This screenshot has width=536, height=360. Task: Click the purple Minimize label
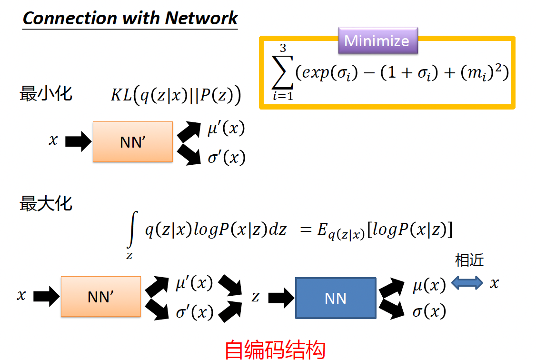[x=377, y=40]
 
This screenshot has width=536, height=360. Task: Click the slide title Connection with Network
[x=130, y=19]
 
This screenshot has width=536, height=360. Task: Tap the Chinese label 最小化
[x=46, y=93]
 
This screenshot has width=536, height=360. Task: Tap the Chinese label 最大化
[x=46, y=204]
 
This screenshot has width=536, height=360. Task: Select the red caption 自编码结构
[x=275, y=350]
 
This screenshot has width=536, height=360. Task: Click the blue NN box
[x=335, y=298]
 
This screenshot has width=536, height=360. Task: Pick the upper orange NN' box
[x=132, y=142]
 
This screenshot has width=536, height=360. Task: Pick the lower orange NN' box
[x=100, y=297]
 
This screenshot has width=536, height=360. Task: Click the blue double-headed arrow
[x=467, y=284]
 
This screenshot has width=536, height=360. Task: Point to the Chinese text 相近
[x=469, y=260]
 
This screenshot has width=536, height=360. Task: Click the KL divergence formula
[x=176, y=96]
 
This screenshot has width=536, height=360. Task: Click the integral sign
[x=132, y=230]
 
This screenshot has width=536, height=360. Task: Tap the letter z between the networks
[x=256, y=297]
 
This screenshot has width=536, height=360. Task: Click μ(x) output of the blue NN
[x=429, y=285]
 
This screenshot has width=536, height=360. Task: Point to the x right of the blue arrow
[x=495, y=284]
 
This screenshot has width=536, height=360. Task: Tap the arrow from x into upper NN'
[x=78, y=141]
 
